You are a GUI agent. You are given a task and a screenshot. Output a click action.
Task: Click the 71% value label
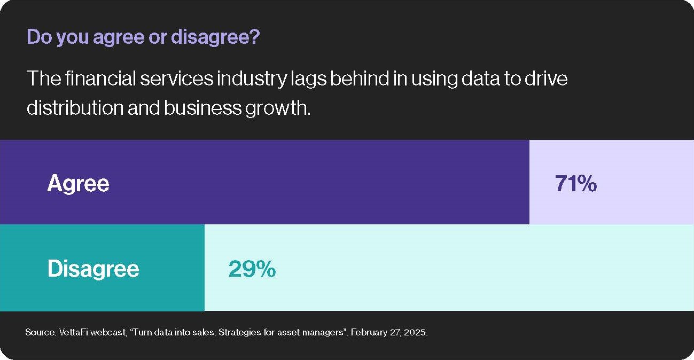pyautogui.click(x=576, y=184)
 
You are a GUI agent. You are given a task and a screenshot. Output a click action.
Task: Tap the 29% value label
pyautogui.click(x=252, y=269)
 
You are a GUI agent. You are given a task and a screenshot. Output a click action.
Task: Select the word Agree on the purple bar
pyautogui.click(x=78, y=184)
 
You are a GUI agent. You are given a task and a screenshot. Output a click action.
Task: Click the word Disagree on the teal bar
pyautogui.click(x=93, y=269)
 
